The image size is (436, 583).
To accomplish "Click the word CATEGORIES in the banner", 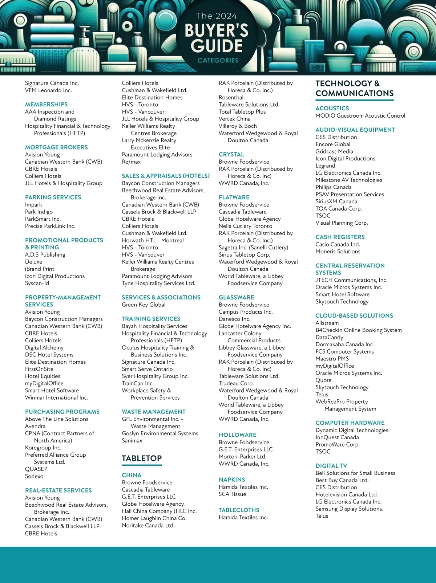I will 218,60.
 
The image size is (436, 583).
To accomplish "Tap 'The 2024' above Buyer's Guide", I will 217,16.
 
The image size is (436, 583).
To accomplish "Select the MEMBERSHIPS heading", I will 46,105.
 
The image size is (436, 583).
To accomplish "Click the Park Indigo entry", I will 39,212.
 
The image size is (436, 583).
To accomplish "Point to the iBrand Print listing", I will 40,269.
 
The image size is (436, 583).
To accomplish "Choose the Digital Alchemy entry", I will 44,348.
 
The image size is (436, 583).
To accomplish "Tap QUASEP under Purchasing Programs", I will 36,469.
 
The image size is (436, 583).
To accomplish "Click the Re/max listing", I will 131,162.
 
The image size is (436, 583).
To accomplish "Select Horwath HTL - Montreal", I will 153,240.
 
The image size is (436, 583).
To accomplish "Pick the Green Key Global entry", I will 144,305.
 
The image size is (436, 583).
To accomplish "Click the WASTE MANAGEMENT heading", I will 154,412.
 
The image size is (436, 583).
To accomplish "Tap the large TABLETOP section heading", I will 142,458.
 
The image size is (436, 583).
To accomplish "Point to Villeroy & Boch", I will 238,126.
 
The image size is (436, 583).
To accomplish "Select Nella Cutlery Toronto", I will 245,226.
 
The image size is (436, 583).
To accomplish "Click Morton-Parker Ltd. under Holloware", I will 242,457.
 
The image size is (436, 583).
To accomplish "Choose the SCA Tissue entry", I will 232,494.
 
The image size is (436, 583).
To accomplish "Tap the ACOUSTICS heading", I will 332,109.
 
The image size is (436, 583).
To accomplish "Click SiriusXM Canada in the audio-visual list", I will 336,201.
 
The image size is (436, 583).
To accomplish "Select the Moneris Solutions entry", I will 338,252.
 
